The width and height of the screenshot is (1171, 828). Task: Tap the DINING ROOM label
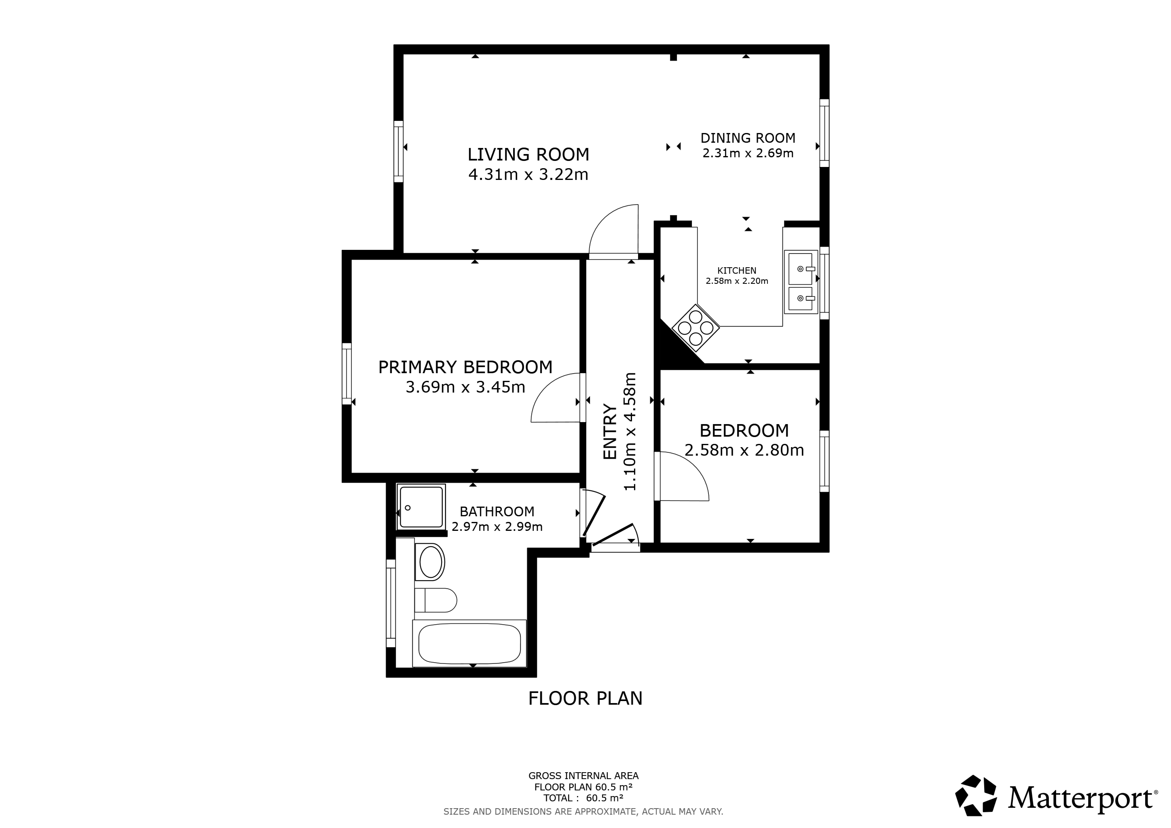(x=748, y=138)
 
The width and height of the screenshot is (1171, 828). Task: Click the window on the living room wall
(x=398, y=151)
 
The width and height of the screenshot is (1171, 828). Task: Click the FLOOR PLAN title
(x=585, y=698)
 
